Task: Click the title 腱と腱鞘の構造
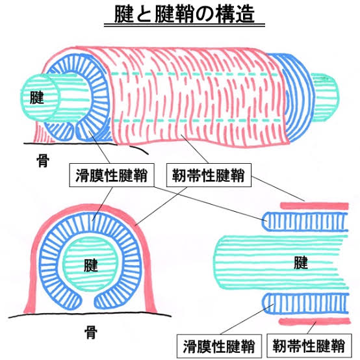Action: click(x=185, y=14)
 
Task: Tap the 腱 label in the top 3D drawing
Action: click(x=37, y=97)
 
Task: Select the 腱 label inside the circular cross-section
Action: click(x=91, y=265)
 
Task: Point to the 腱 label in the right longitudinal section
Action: click(x=301, y=263)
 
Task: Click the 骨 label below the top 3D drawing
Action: click(x=43, y=161)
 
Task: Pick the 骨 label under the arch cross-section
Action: click(x=91, y=332)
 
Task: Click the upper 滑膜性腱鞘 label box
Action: click(x=112, y=175)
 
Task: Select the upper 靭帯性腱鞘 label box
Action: click(x=209, y=175)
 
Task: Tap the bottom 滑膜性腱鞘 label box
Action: click(x=219, y=346)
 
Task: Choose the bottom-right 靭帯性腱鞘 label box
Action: click(x=309, y=346)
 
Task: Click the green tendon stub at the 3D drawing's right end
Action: click(x=326, y=97)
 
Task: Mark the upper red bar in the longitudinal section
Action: click(x=315, y=206)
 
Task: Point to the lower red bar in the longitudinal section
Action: click(x=315, y=322)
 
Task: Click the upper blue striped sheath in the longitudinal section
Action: click(x=305, y=222)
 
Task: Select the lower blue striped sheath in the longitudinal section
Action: click(x=305, y=303)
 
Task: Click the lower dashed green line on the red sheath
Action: click(x=197, y=120)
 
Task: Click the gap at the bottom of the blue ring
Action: click(x=88, y=301)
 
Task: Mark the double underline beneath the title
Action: click(x=185, y=25)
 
